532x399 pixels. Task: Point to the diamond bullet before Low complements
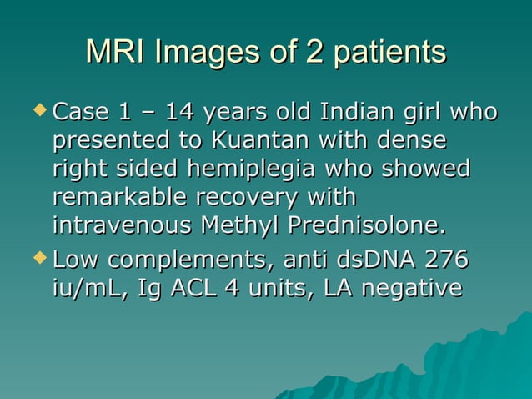40,260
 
